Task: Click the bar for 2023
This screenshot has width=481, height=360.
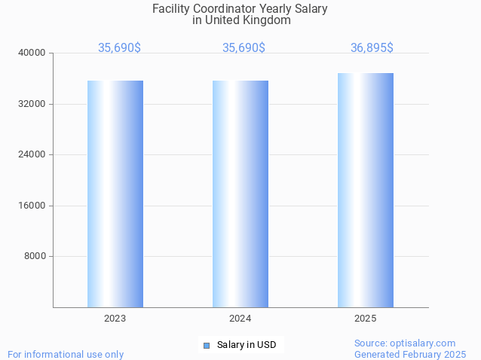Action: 115,194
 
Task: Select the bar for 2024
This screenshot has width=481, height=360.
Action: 240,194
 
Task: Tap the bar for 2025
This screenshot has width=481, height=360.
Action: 365,190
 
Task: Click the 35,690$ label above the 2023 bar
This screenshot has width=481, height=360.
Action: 119,47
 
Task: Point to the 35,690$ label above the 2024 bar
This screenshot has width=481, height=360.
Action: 244,47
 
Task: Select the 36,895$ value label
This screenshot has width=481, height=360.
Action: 372,47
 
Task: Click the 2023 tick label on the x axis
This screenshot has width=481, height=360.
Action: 115,319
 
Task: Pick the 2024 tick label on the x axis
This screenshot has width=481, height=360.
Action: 240,319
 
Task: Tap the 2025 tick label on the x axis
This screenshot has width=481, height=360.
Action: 365,319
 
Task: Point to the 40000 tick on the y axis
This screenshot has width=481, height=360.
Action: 32,53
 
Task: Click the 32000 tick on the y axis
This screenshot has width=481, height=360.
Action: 32,104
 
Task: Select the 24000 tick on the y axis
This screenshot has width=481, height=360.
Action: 32,154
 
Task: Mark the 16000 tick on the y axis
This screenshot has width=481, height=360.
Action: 32,206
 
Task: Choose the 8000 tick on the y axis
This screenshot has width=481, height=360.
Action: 35,256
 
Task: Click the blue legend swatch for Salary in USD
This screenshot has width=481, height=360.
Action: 206,345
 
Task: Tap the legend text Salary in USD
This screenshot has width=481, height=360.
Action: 247,345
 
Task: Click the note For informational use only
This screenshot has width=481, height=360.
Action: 66,354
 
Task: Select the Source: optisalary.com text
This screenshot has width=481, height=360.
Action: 405,343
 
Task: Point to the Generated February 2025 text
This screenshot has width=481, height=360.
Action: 410,354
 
